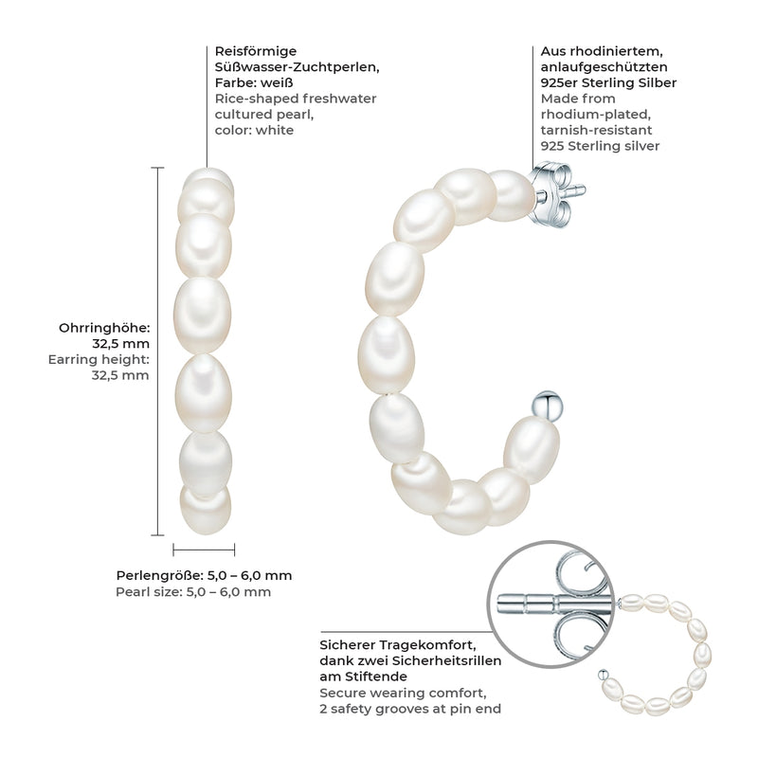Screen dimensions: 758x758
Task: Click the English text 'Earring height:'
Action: coord(99,359)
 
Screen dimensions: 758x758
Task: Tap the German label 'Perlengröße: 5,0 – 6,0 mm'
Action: coord(204,575)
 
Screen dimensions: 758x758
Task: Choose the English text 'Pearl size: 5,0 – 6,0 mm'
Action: coord(193,592)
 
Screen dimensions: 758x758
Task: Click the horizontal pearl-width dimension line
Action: coord(204,550)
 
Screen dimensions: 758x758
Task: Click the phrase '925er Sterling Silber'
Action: coord(608,82)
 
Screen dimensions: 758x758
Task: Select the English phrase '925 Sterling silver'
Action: coord(600,146)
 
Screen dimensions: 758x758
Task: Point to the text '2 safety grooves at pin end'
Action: coord(410,709)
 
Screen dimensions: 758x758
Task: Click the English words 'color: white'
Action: coord(254,130)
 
